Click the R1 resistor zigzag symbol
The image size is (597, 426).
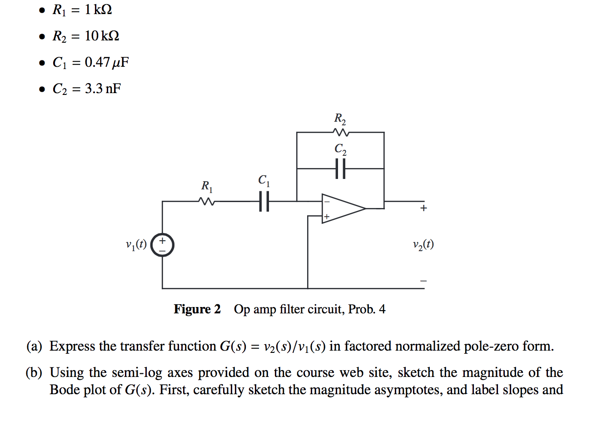pos(207,201)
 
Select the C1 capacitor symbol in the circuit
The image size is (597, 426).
pos(264,201)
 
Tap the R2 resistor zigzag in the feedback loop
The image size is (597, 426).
pos(341,132)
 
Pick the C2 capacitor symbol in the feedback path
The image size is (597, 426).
pos(340,168)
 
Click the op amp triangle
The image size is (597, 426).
pos(343,208)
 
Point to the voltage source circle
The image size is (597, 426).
pos(162,245)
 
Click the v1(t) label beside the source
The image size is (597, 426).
pos(136,244)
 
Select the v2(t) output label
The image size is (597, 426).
pos(423,244)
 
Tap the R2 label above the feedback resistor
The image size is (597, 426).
pos(340,119)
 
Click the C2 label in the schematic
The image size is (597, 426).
pos(340,149)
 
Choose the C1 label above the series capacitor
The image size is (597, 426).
pos(264,180)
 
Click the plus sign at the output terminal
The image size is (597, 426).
pos(423,208)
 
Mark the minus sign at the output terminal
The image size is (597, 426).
pos(423,281)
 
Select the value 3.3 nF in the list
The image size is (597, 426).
pos(103,88)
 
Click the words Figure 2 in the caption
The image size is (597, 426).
pos(197,309)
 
